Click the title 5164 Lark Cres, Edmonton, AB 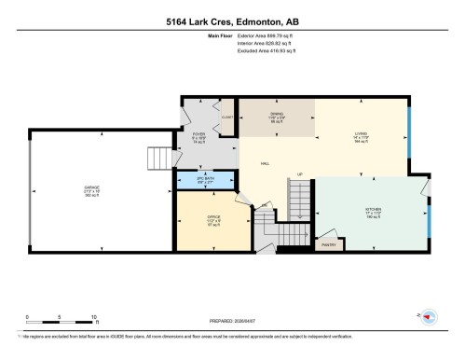pos(232,21)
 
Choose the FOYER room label pos(198,135)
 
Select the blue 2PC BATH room pos(205,182)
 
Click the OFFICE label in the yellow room pos(213,219)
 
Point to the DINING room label pos(277,115)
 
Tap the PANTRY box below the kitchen pos(329,245)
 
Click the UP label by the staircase pos(300,174)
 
